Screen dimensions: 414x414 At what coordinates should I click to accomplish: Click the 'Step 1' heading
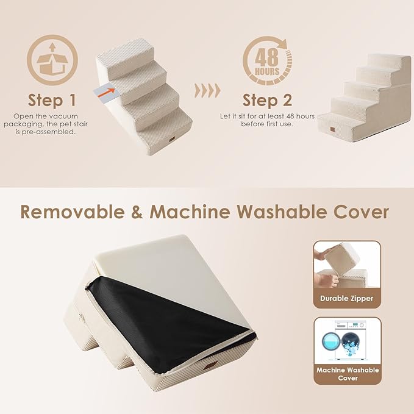click(x=52, y=100)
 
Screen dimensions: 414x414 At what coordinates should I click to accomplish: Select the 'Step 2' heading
click(x=267, y=100)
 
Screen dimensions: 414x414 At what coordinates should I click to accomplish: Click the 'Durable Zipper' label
click(x=347, y=299)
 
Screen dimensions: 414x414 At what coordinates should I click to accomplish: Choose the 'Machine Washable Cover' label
click(x=347, y=374)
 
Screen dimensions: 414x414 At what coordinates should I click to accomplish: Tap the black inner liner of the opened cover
click(x=165, y=319)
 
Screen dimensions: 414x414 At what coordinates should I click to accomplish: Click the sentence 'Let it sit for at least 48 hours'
click(x=267, y=115)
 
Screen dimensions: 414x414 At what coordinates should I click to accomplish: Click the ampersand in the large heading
click(x=135, y=212)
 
